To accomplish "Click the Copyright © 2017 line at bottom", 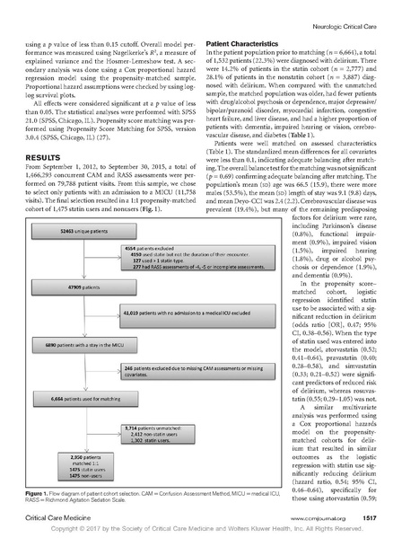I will point(201,530).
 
